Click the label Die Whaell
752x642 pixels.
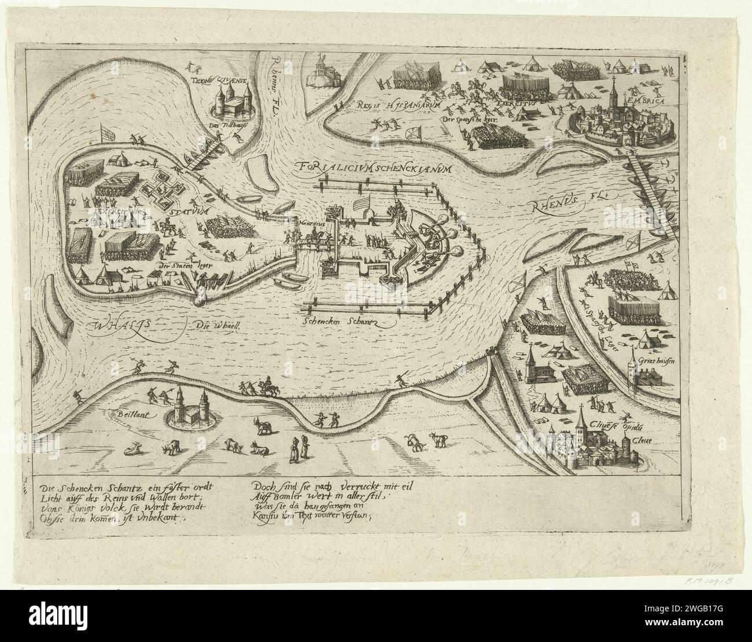pos(216,325)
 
